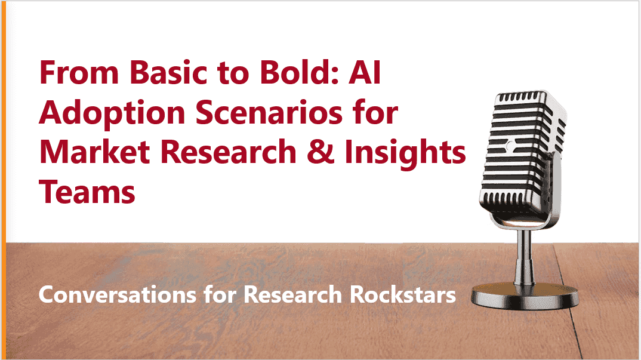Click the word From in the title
tap(79, 72)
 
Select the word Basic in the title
tap(169, 72)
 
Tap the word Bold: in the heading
tap(300, 72)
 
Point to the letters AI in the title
tap(364, 72)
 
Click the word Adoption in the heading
tap(112, 114)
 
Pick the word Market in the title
tap(95, 152)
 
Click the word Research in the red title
tap(229, 152)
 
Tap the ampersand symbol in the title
tap(320, 152)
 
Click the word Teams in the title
tap(87, 192)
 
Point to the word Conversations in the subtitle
tap(118, 295)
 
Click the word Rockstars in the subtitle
tap(403, 294)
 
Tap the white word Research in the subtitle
tap(292, 294)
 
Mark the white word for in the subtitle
tap(220, 294)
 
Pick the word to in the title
tap(233, 73)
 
